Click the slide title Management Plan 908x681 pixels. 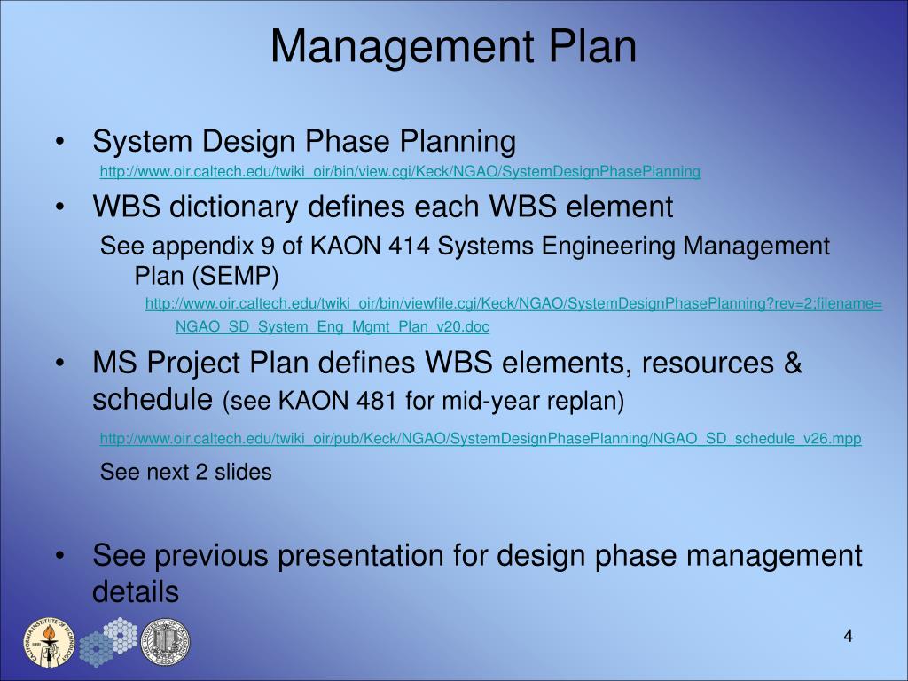point(453,46)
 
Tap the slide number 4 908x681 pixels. point(848,637)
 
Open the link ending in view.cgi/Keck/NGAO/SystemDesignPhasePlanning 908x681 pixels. point(400,171)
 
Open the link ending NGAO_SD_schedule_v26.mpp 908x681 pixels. point(480,438)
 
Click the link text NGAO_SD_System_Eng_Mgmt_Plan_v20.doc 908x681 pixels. point(332,326)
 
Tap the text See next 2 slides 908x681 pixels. point(186,473)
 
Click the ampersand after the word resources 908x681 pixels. point(792,364)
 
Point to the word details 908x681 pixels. point(136,591)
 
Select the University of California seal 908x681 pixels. point(166,642)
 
